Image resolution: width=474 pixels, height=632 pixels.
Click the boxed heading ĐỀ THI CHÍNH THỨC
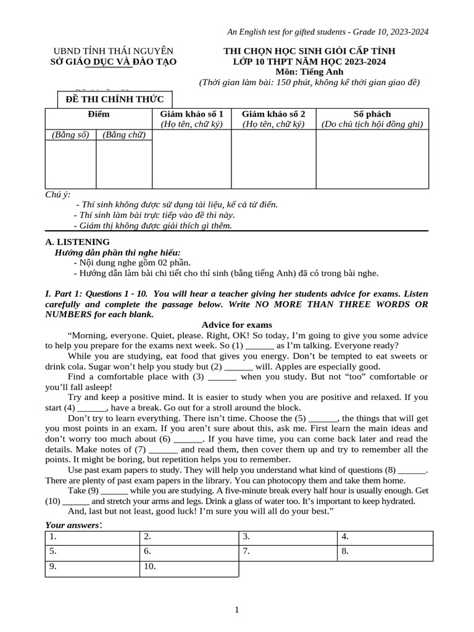click(115, 101)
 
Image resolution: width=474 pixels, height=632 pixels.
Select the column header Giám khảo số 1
click(191, 114)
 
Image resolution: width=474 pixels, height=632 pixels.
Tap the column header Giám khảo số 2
click(273, 114)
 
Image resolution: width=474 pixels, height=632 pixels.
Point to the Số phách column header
click(372, 114)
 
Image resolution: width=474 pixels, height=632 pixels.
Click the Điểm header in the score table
click(99, 114)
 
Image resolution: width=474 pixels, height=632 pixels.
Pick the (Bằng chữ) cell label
click(123, 135)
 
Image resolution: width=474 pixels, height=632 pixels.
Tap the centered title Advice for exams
click(237, 325)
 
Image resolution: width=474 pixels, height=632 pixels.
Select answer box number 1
click(92, 537)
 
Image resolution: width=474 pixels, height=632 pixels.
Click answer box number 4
click(385, 537)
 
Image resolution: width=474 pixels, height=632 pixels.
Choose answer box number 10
click(188, 567)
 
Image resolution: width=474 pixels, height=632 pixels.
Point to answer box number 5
click(92, 552)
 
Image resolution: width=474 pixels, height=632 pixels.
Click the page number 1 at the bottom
click(237, 610)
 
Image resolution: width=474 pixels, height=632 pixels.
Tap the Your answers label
click(72, 525)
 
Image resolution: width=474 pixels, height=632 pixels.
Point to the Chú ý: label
click(58, 194)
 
